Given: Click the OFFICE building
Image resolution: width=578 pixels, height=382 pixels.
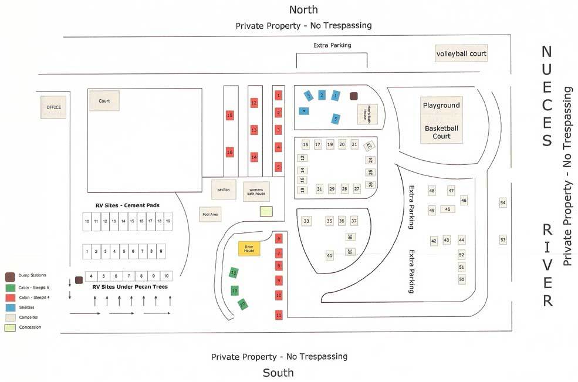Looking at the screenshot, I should point(54,107).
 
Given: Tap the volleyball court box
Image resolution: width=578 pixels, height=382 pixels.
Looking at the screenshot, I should point(461,54).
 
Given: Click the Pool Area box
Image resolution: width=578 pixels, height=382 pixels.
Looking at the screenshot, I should point(210,215).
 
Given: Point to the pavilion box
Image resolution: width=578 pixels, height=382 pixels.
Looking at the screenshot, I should point(224,190).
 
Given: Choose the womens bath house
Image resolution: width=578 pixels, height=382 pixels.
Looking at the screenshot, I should point(256,191).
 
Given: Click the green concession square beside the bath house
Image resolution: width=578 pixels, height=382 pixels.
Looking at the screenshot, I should point(266,211).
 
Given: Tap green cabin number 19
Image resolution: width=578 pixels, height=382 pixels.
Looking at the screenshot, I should point(235,290).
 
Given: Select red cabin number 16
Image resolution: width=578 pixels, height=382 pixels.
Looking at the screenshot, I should point(230,152).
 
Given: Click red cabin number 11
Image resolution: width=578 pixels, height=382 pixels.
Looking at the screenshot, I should point(279,316).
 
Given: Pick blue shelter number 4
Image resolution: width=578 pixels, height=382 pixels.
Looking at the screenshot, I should point(303,110).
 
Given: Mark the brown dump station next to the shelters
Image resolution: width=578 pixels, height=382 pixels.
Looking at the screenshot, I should point(354,96).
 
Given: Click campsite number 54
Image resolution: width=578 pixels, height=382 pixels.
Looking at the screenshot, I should point(502,202).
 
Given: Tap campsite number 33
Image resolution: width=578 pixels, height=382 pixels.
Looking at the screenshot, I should point(306,221).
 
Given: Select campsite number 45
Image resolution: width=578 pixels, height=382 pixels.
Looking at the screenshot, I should point(448,209).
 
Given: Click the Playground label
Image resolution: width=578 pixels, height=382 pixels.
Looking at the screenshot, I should point(441,106).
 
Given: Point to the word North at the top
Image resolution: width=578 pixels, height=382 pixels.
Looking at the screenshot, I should point(303,9).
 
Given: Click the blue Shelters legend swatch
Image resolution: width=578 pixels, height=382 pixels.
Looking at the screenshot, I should point(10,307).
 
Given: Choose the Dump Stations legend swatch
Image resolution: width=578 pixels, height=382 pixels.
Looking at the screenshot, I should point(10,276).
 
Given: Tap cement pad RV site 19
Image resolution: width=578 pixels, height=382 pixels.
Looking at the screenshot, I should point(168,221).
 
